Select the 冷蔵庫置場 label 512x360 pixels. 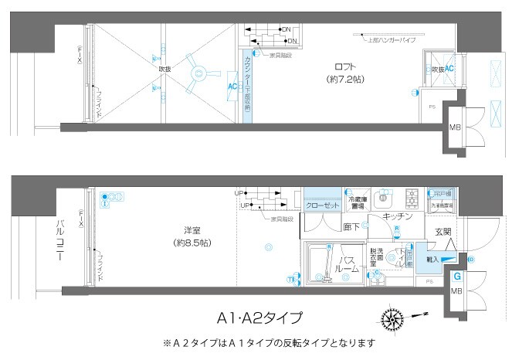357,204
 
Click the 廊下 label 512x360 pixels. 351,227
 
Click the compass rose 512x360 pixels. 393,316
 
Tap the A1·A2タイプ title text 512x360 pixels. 259,317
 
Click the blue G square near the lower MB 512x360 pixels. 457,276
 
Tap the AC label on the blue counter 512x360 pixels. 232,87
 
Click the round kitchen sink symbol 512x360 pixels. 382,198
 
